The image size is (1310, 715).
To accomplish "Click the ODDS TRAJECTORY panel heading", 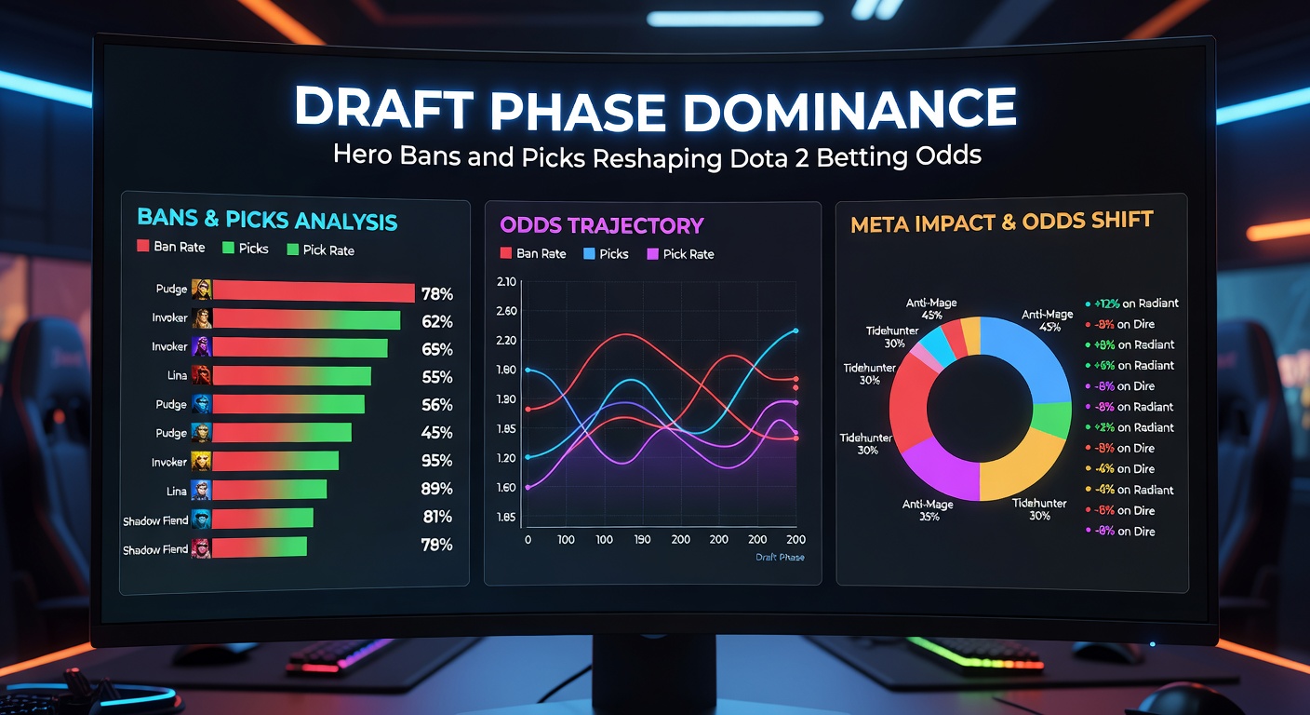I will (601, 225).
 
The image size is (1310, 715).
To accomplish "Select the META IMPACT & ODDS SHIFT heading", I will (1001, 221).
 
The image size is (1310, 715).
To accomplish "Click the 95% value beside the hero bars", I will (436, 461).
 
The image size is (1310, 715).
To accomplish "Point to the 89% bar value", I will (436, 489).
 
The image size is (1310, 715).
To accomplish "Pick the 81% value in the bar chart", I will (436, 517).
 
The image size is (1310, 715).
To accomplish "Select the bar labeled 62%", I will (307, 320).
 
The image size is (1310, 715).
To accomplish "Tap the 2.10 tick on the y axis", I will (507, 282).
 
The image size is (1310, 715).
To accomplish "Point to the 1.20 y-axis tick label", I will (507, 457).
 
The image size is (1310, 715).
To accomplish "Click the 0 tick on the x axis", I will (528, 540).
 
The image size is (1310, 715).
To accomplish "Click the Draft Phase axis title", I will (780, 557).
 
